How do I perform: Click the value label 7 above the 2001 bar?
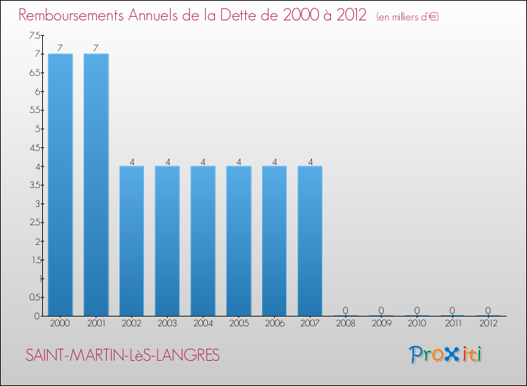pyautogui.click(x=96, y=48)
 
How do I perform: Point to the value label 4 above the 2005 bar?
pyautogui.click(x=239, y=161)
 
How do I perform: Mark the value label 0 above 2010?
pyautogui.click(x=417, y=310)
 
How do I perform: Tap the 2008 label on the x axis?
pyautogui.click(x=346, y=323)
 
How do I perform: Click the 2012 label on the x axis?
pyautogui.click(x=488, y=323)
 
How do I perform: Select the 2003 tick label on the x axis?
pyautogui.click(x=167, y=323)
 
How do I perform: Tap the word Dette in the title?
pyautogui.click(x=244, y=15)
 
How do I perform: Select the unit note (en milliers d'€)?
pyautogui.click(x=408, y=16)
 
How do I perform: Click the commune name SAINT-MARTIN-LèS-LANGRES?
pyautogui.click(x=122, y=356)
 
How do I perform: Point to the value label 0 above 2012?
pyautogui.click(x=488, y=310)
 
